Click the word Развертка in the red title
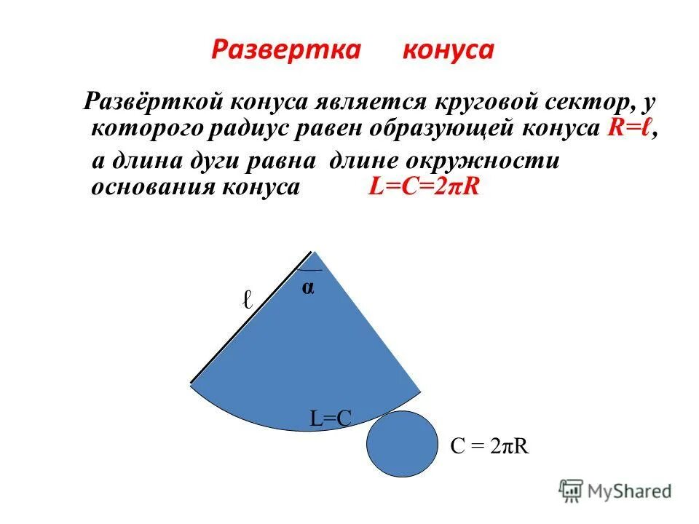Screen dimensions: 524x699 [286, 50]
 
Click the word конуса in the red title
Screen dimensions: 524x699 [449, 50]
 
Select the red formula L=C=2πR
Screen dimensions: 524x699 [424, 186]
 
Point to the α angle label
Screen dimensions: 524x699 [308, 288]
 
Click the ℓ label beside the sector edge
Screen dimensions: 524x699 [248, 299]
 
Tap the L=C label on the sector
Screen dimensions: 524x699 [331, 418]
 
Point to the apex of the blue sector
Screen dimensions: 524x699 [314, 254]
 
